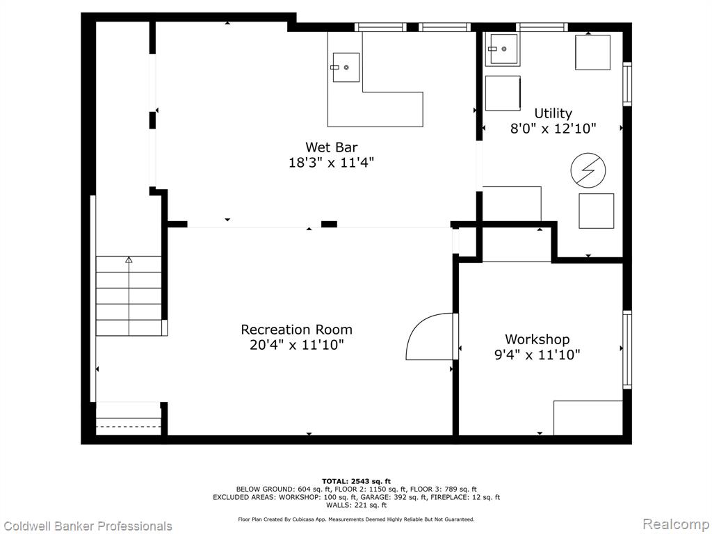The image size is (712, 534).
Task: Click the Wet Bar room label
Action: point(331,147)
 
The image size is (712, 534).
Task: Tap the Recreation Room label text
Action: point(296,330)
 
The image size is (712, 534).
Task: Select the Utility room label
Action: point(553,113)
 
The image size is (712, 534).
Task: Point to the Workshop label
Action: point(537,339)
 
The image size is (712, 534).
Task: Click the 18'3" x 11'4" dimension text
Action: point(331,163)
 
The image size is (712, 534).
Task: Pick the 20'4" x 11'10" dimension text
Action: point(296,345)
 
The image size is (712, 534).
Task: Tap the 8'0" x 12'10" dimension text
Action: point(553,129)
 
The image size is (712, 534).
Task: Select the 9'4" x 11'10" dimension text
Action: point(537,355)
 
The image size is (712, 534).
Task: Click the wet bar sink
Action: point(346,67)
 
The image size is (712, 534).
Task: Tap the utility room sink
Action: point(503,49)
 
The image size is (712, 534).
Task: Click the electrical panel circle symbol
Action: point(588,170)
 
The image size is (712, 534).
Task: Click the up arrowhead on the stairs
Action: point(129,260)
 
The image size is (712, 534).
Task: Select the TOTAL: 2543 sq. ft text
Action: point(356,481)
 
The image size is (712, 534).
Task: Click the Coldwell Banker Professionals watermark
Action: point(86,526)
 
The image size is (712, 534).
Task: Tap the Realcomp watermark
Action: point(676,524)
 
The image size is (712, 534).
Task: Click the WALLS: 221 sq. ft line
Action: point(356,505)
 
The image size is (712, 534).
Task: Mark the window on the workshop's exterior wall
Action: point(627,350)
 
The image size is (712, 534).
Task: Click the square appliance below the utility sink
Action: point(503,94)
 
